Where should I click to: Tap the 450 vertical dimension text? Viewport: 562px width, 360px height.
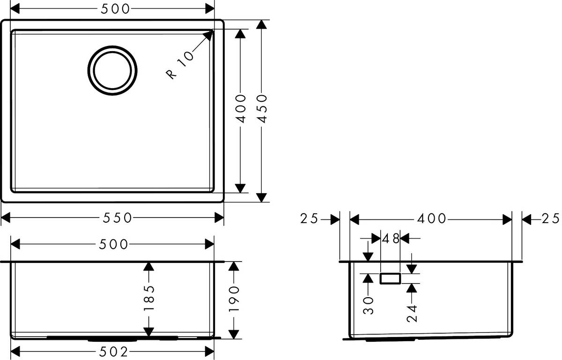[x=263, y=109]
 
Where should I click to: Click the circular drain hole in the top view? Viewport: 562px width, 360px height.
[x=113, y=70]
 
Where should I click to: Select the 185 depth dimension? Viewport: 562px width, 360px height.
[x=148, y=299]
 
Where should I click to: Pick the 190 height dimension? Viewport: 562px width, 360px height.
[x=234, y=299]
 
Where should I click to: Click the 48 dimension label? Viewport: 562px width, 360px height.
[x=390, y=239]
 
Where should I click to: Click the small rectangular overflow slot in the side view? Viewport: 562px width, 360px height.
[x=390, y=278]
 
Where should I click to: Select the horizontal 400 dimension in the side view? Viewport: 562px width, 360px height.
[x=430, y=218]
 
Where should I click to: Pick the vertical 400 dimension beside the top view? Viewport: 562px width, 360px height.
[x=240, y=109]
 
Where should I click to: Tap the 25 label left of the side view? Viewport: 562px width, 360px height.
[x=310, y=218]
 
